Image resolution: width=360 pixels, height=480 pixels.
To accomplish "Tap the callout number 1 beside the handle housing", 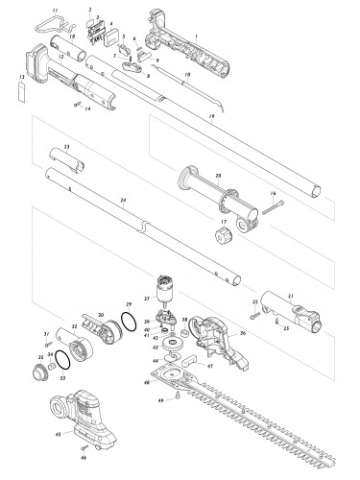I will (197, 36).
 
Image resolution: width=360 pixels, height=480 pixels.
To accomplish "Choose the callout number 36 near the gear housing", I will (242, 333).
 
